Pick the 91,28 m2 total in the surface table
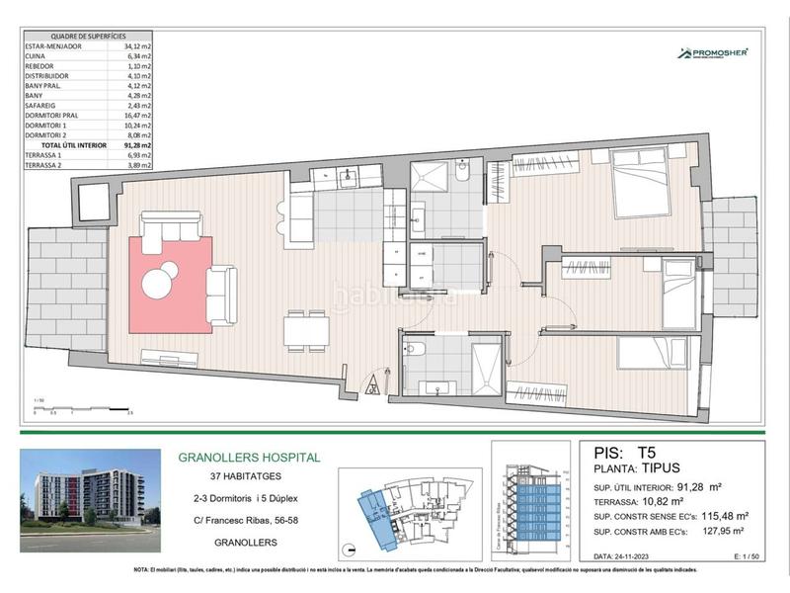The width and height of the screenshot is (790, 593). (x=137, y=145)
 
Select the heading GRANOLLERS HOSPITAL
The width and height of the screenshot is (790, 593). (x=248, y=458)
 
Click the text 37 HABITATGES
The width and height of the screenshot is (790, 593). (x=248, y=478)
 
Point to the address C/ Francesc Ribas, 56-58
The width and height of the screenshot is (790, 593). (x=248, y=522)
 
